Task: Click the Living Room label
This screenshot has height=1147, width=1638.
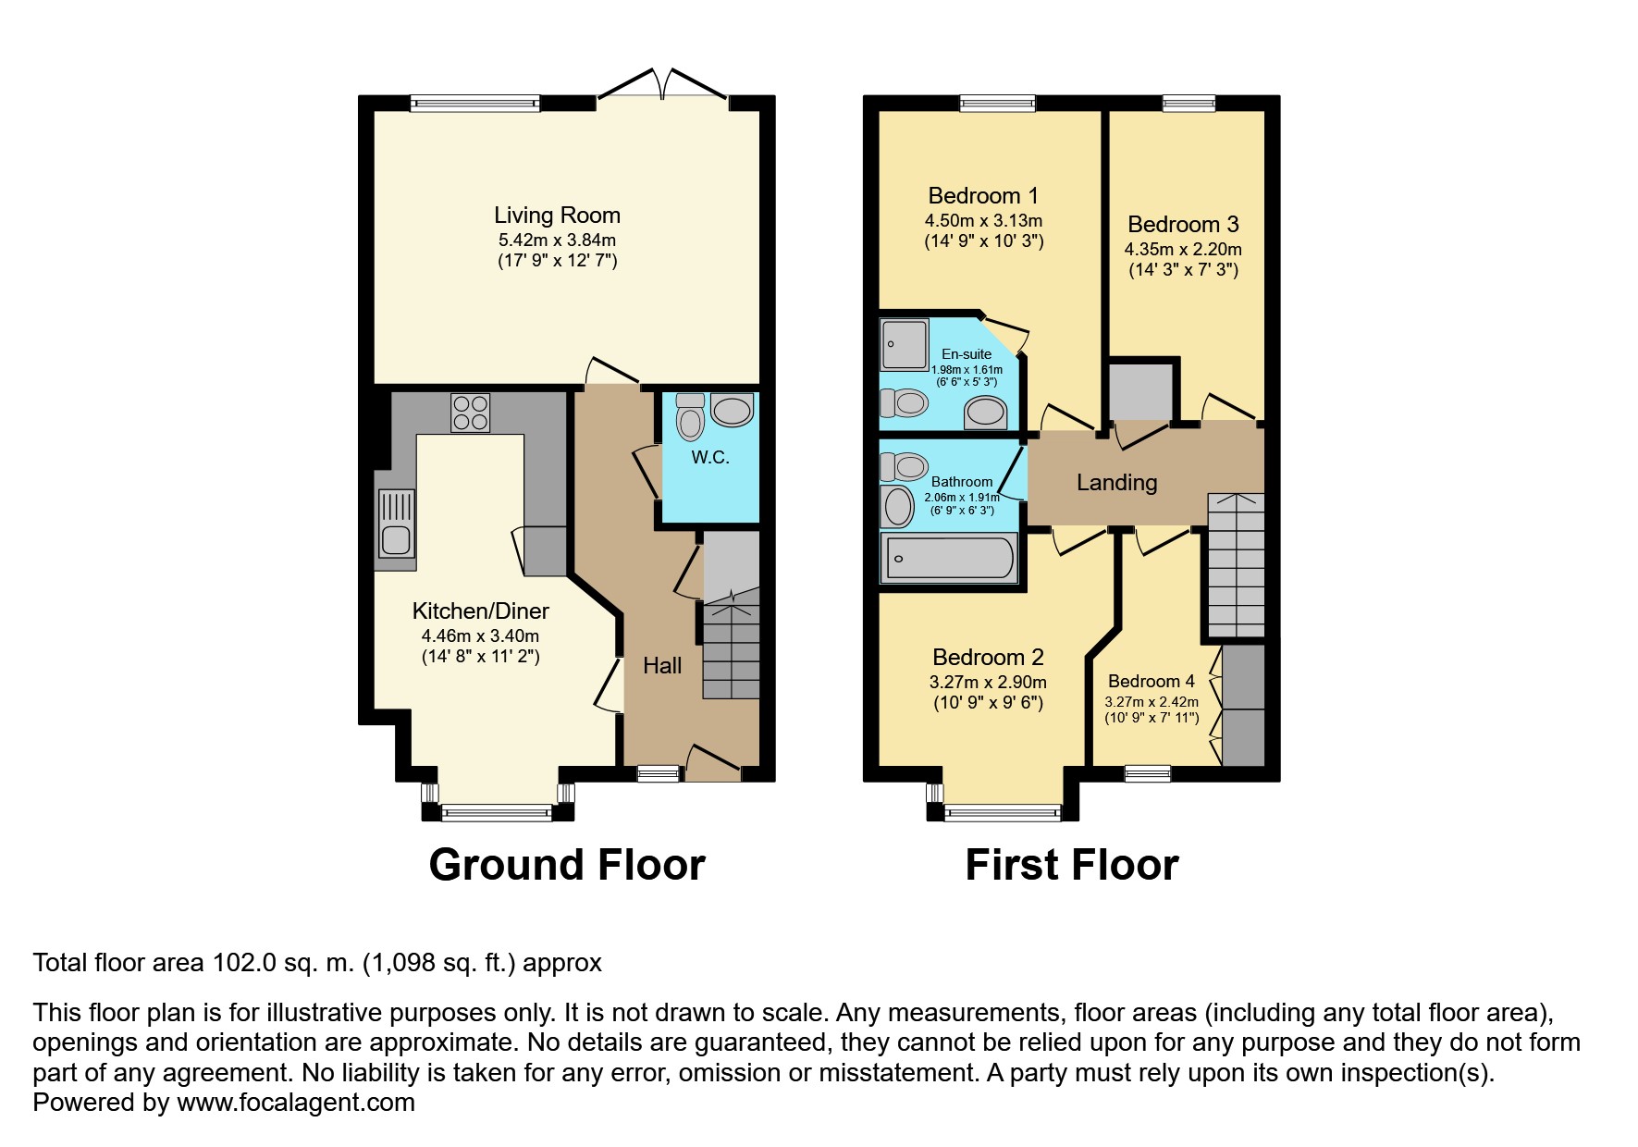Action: coord(557,216)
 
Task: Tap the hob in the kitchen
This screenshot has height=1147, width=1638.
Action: coord(470,413)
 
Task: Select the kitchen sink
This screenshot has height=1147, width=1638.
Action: coord(396,524)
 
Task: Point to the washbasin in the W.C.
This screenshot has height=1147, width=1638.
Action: coord(733,411)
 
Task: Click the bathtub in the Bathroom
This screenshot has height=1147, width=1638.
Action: coord(948,558)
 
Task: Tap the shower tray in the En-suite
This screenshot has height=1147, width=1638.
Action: coord(904,344)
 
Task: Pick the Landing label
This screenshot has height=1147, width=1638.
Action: coord(1116,482)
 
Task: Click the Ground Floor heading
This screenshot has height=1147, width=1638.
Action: coord(567,865)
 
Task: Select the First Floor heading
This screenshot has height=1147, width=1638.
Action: coord(1072,865)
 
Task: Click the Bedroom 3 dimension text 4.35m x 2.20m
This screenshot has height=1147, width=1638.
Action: coord(1183,249)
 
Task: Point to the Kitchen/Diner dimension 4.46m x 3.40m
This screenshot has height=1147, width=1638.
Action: coord(480,635)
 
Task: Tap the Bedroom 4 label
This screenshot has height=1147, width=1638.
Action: coord(1152,681)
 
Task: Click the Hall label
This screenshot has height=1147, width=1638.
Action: coord(662,665)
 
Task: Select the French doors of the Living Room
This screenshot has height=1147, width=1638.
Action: coord(662,84)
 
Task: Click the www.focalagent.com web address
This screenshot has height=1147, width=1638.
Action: coord(296,1103)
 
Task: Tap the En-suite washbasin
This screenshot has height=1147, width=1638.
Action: coord(986,413)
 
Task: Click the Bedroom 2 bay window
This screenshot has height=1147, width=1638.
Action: coord(1003,813)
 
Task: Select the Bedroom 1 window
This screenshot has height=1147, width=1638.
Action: coord(998,104)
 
